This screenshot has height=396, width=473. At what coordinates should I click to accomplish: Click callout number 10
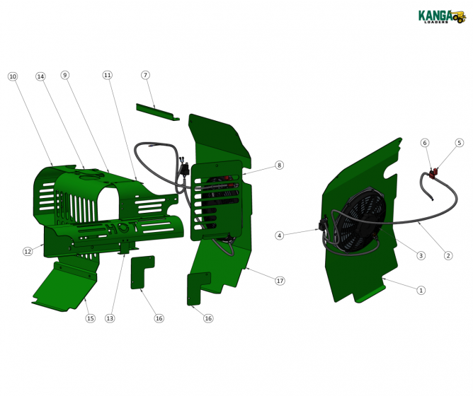pyautogui.click(x=12, y=76)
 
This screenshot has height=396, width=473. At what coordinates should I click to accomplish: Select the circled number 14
pyautogui.click(x=40, y=76)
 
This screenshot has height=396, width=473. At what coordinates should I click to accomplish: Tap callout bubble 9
pyautogui.click(x=64, y=74)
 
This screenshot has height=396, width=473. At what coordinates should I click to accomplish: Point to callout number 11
pyautogui.click(x=107, y=74)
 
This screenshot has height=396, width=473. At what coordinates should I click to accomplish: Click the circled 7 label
pyautogui.click(x=145, y=74)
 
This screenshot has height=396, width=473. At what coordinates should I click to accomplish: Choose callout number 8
pyautogui.click(x=279, y=165)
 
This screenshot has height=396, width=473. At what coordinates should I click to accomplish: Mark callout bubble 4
pyautogui.click(x=280, y=235)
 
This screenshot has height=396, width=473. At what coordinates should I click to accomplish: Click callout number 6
pyautogui.click(x=426, y=143)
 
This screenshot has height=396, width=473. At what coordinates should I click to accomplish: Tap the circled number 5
pyautogui.click(x=459, y=143)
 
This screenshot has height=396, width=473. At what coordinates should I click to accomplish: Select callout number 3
pyautogui.click(x=421, y=255)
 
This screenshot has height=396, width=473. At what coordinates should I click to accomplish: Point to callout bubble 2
pyautogui.click(x=448, y=255)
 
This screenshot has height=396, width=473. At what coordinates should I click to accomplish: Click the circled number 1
pyautogui.click(x=421, y=290)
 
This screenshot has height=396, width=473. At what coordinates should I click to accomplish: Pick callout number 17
pyautogui.click(x=280, y=281)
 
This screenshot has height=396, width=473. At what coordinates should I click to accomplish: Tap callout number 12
pyautogui.click(x=28, y=251)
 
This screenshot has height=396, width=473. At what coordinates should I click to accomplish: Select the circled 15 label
pyautogui.click(x=90, y=318)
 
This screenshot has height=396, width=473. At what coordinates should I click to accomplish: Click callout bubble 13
pyautogui.click(x=110, y=318)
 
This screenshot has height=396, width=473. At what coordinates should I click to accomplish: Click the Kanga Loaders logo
pyautogui.click(x=440, y=16)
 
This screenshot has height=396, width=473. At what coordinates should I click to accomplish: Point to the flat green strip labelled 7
pyautogui.click(x=156, y=112)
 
